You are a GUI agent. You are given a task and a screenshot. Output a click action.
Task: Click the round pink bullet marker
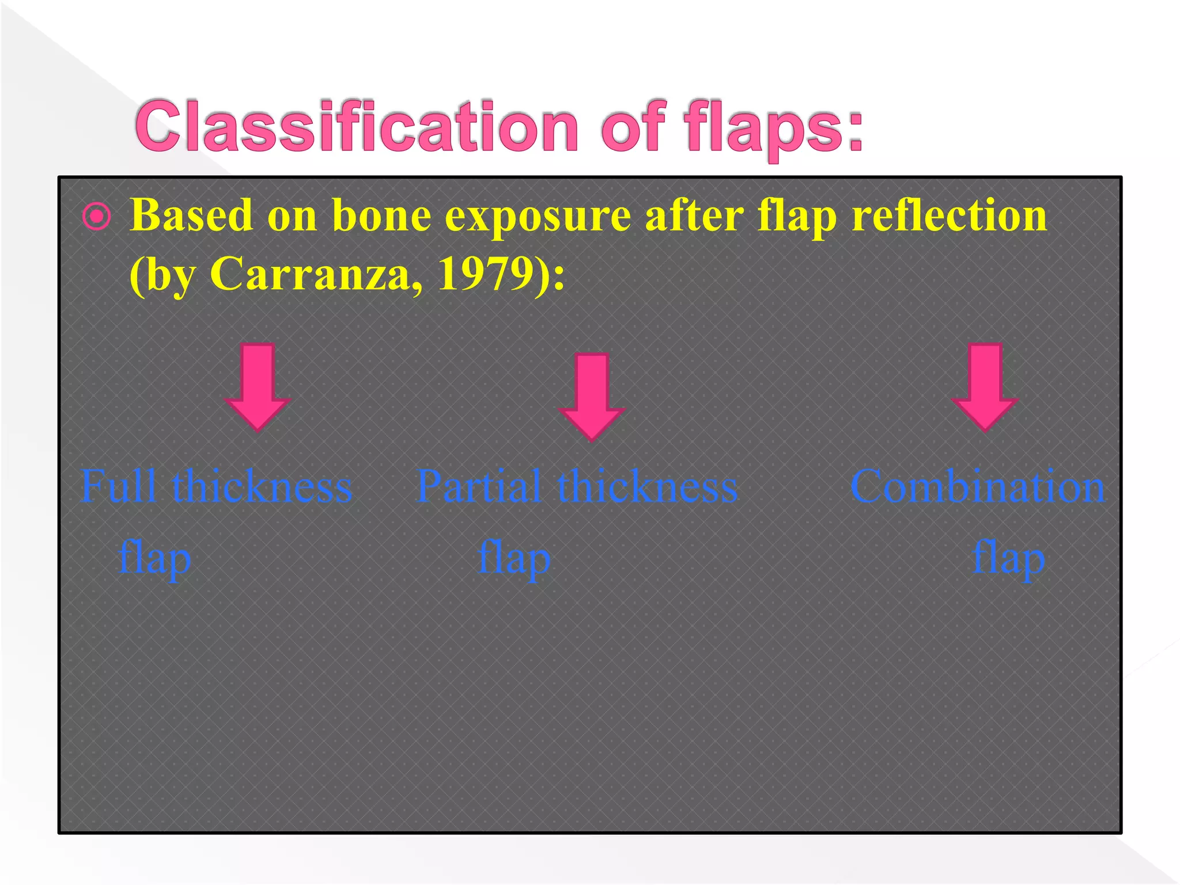96,217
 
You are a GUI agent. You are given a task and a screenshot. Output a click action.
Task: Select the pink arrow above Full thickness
257,386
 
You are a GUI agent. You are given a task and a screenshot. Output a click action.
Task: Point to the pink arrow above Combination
985,386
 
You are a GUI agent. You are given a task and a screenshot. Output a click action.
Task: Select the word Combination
977,486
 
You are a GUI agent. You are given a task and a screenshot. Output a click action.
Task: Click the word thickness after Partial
647,486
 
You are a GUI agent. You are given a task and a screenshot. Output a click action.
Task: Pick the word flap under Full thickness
154,558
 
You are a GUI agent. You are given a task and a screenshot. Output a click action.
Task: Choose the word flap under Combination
1008,558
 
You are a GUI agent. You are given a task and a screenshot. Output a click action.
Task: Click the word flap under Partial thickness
515,558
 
